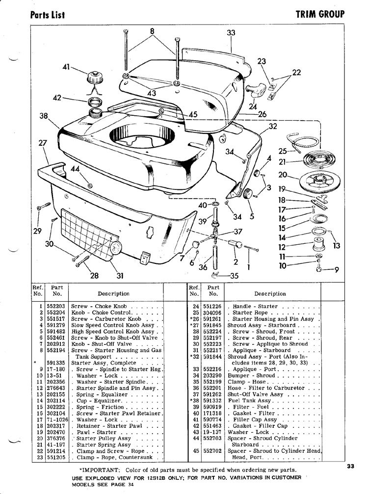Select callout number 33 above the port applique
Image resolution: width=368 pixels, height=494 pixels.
(x=231, y=33)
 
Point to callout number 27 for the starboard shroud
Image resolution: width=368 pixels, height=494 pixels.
(x=43, y=144)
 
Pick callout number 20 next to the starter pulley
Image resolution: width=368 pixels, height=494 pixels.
(x=282, y=175)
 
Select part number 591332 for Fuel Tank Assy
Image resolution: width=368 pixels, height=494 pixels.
(x=213, y=401)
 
